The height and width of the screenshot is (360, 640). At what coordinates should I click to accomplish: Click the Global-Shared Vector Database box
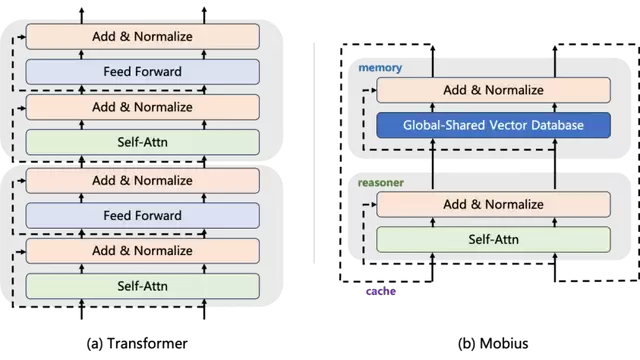click(x=493, y=125)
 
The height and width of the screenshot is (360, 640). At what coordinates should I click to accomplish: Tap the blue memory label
click(x=380, y=68)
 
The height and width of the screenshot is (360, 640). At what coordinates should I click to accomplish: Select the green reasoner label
click(x=381, y=182)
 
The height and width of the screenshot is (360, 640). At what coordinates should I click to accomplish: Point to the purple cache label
click(x=381, y=291)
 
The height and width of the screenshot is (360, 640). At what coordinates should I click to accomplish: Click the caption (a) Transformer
click(x=137, y=343)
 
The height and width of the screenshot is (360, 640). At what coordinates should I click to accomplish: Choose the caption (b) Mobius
click(x=493, y=343)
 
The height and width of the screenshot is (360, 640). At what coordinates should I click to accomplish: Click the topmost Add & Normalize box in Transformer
click(x=142, y=36)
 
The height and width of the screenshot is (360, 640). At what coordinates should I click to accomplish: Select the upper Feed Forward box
click(x=142, y=72)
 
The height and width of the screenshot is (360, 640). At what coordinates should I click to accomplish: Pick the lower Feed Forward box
click(x=142, y=216)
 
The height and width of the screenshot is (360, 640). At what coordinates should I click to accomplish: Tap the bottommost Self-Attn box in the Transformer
click(x=142, y=286)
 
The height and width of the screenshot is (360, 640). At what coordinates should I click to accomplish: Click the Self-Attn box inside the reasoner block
click(x=493, y=239)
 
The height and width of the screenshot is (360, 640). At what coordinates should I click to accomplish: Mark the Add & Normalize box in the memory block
click(x=493, y=90)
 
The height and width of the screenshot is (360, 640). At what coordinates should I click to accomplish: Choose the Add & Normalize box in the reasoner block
click(x=493, y=204)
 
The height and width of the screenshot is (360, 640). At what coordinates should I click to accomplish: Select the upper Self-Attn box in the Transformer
click(x=142, y=142)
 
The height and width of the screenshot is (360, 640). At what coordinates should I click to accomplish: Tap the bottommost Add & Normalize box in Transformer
click(x=142, y=251)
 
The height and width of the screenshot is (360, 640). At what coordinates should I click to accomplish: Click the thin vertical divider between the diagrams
click(x=314, y=153)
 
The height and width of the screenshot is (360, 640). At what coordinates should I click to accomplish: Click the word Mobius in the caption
click(x=504, y=343)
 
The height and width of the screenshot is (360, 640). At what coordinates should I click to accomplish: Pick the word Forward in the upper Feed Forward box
click(x=158, y=72)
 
